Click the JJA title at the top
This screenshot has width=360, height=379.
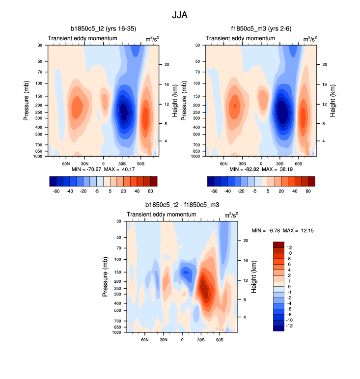click(x=180, y=15)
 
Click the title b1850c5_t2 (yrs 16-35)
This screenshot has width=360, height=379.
click(x=103, y=28)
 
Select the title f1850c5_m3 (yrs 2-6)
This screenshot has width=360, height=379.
click(x=261, y=28)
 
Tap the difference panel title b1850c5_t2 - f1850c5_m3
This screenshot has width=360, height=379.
click(x=182, y=205)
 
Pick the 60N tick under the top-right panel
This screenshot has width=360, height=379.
click(x=224, y=163)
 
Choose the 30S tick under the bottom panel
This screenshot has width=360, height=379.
click(x=201, y=339)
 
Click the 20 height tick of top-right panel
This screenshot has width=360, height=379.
click(x=324, y=65)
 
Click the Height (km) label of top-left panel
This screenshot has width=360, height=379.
click(x=175, y=101)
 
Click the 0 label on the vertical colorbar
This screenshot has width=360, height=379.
click(x=288, y=286)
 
